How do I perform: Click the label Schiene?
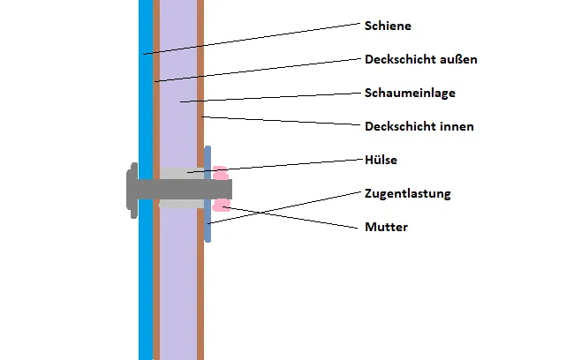pos(388,26)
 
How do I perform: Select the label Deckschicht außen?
pos(421,60)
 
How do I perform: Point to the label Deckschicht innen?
pos(419,126)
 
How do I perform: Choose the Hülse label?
pos(381,160)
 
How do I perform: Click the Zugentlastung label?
pos(408,192)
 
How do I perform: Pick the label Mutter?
pos(386,227)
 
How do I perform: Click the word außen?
pos(459,60)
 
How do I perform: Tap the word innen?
pos(457,126)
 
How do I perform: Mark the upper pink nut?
pos(220,172)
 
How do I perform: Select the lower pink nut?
pos(221,206)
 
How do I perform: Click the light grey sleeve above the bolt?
pos(180,173)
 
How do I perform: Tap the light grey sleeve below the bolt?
pos(180,204)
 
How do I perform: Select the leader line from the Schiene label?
pos(256,39)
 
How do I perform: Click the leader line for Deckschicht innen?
pos(283,122)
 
